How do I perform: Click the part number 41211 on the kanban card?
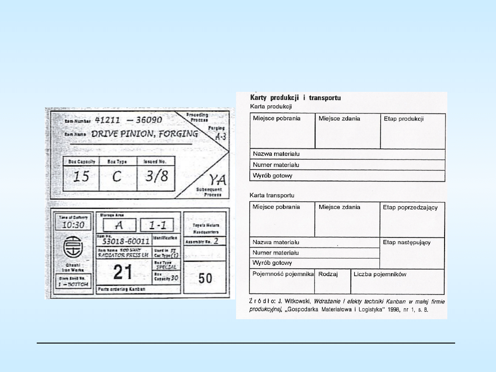108,120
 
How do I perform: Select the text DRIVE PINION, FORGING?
145,134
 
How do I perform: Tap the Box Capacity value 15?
81,177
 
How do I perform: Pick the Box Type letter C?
117,177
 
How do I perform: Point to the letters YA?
214,180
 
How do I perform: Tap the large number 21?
123,273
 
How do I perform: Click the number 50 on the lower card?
205,278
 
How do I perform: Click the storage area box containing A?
119,225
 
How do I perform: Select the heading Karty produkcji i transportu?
295,98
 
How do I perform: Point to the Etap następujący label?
407,242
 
